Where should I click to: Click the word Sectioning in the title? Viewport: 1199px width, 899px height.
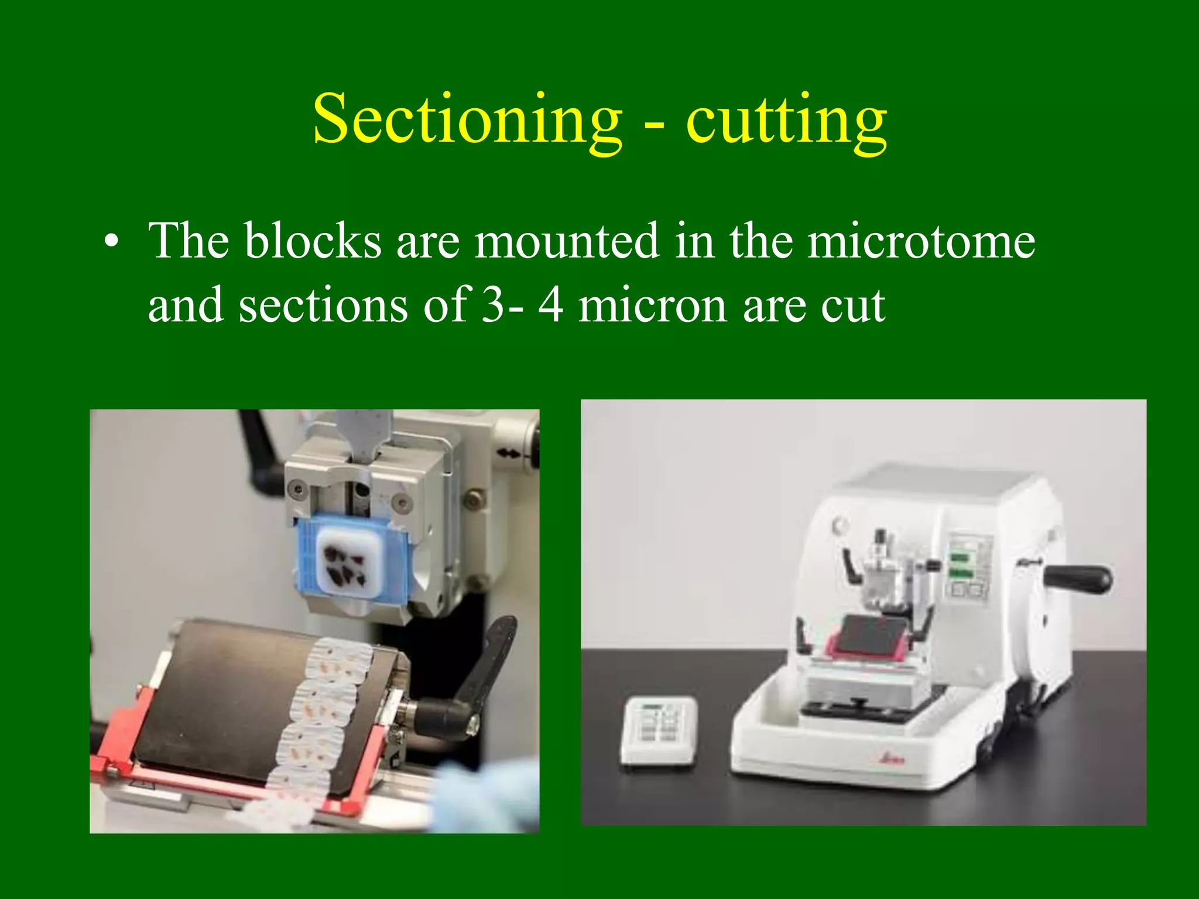[x=467, y=119]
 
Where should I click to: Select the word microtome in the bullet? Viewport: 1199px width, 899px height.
[x=921, y=241]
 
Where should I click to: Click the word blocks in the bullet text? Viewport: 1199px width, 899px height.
[x=313, y=241]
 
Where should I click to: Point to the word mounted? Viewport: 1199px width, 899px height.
[x=567, y=241]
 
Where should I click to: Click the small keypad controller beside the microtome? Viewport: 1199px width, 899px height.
[x=659, y=730]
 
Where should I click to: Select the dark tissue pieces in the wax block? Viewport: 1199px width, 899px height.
[x=344, y=565]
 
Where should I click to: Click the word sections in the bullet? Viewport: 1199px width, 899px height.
[x=323, y=306]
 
